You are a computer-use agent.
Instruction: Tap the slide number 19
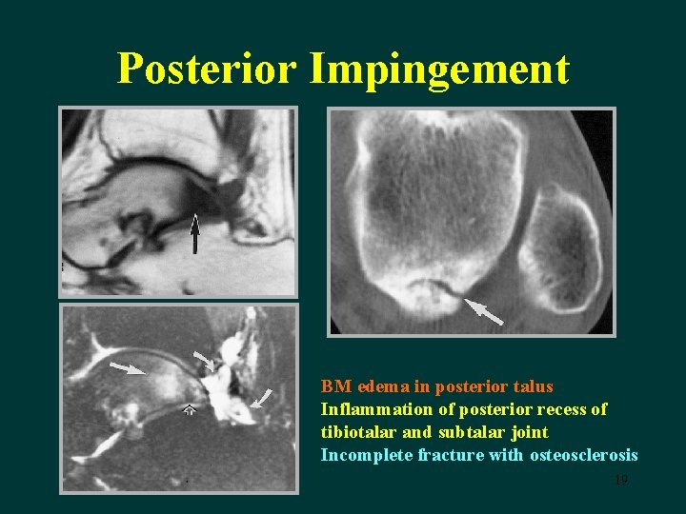[621, 480]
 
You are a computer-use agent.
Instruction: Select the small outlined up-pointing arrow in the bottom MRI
[190, 410]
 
